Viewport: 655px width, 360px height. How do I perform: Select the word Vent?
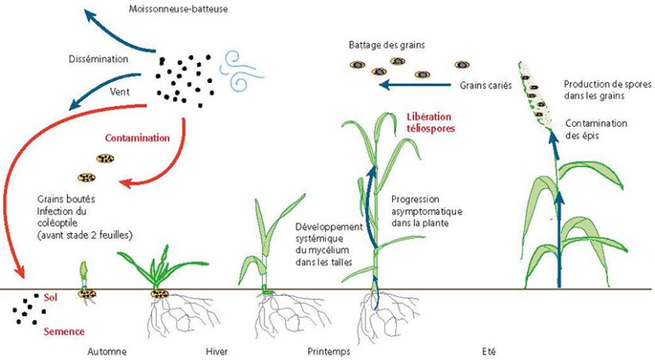point(121,93)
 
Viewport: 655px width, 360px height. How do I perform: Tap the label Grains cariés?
point(486,85)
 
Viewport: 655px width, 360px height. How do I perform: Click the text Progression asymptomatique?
point(427,205)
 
